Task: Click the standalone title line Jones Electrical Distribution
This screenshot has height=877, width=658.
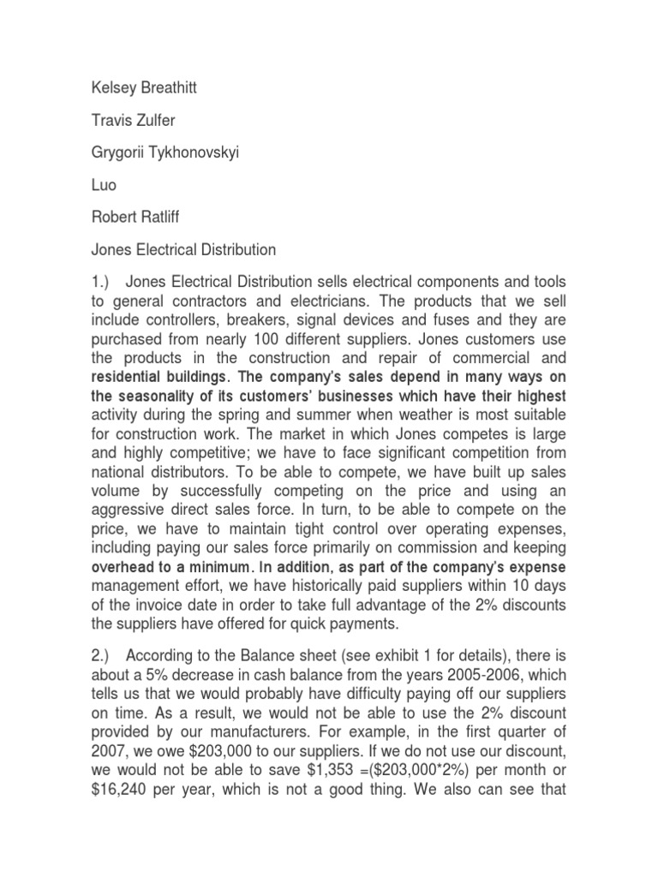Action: click(x=182, y=250)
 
